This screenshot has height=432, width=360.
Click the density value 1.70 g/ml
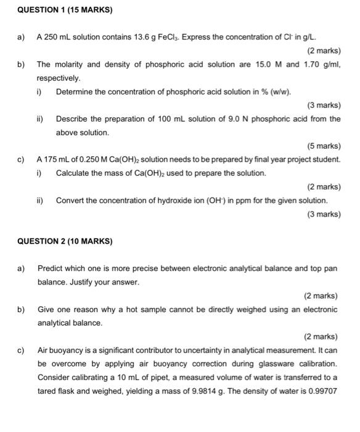coord(320,64)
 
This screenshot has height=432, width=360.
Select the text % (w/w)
coord(276,92)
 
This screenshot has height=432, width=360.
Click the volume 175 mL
coord(55,160)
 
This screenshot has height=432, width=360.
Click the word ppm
coord(239,201)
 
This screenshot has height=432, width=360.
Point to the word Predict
coord(51,268)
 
